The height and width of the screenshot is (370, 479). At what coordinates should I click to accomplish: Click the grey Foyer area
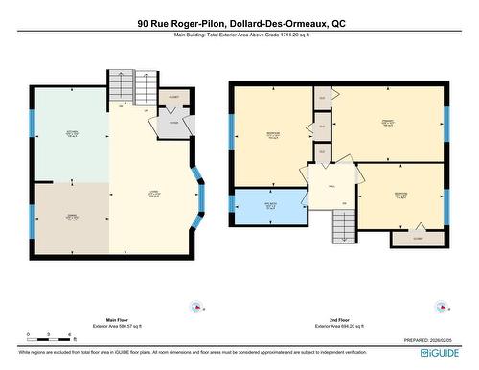click(x=174, y=124)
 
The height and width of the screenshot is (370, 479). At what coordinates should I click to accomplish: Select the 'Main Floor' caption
click(x=117, y=319)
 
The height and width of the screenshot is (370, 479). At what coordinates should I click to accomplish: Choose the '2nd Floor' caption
click(x=338, y=319)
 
